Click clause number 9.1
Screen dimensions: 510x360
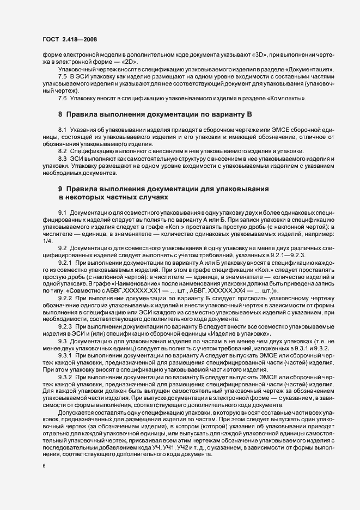tap(63, 211)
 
